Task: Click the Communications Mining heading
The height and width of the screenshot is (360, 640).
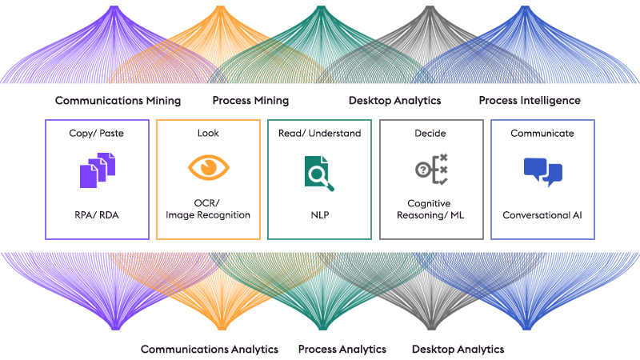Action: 118,101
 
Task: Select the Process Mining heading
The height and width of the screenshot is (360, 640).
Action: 250,101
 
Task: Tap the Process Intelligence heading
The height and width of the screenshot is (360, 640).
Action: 530,101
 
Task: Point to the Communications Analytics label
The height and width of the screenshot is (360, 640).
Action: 210,350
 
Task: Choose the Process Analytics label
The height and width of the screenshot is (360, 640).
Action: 342,350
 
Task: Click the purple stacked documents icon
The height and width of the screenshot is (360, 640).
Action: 96,173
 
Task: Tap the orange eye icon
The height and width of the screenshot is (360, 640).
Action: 208,168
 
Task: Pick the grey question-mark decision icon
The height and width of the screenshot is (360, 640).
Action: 430,170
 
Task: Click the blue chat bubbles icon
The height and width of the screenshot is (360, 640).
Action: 542,171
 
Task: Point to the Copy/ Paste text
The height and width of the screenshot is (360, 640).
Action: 97,134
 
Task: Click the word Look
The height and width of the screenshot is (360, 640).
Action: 208,134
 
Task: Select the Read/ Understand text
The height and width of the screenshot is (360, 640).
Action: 319,134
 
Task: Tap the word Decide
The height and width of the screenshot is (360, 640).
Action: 430,134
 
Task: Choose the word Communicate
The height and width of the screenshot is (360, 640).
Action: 542,134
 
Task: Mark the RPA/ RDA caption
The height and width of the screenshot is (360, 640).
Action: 97,214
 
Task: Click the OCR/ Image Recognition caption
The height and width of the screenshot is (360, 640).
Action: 208,210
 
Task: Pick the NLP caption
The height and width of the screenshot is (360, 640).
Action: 319,214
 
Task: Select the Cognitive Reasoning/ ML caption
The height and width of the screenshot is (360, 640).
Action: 430,210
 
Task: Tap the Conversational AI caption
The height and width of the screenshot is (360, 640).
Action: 542,214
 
